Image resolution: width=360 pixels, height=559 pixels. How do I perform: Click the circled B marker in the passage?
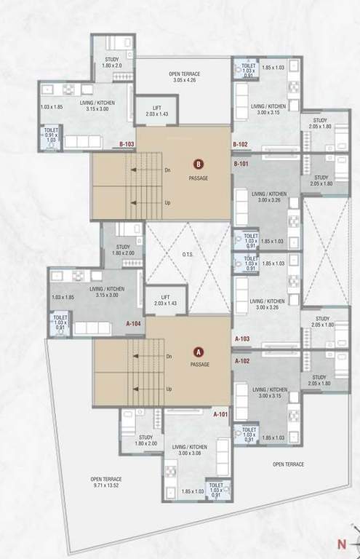point(198,164)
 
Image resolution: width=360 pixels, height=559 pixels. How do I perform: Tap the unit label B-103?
point(127,145)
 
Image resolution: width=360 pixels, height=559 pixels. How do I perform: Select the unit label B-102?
point(241,145)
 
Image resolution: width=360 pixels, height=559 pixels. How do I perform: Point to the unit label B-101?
point(241,164)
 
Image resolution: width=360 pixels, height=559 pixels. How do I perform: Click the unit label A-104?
point(133,322)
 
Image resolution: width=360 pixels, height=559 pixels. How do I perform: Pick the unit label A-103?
point(243,339)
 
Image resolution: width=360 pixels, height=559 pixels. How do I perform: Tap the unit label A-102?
point(243,360)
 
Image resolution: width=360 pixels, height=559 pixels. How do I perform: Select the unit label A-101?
point(220,415)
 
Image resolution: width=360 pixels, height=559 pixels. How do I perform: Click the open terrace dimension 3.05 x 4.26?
point(184,79)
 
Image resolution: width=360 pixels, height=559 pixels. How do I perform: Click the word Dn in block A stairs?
point(169,357)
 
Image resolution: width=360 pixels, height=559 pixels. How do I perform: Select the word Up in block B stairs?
point(167,203)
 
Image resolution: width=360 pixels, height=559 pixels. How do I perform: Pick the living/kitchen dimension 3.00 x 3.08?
point(190,453)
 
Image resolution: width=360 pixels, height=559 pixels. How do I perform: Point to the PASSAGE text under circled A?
point(199,364)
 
